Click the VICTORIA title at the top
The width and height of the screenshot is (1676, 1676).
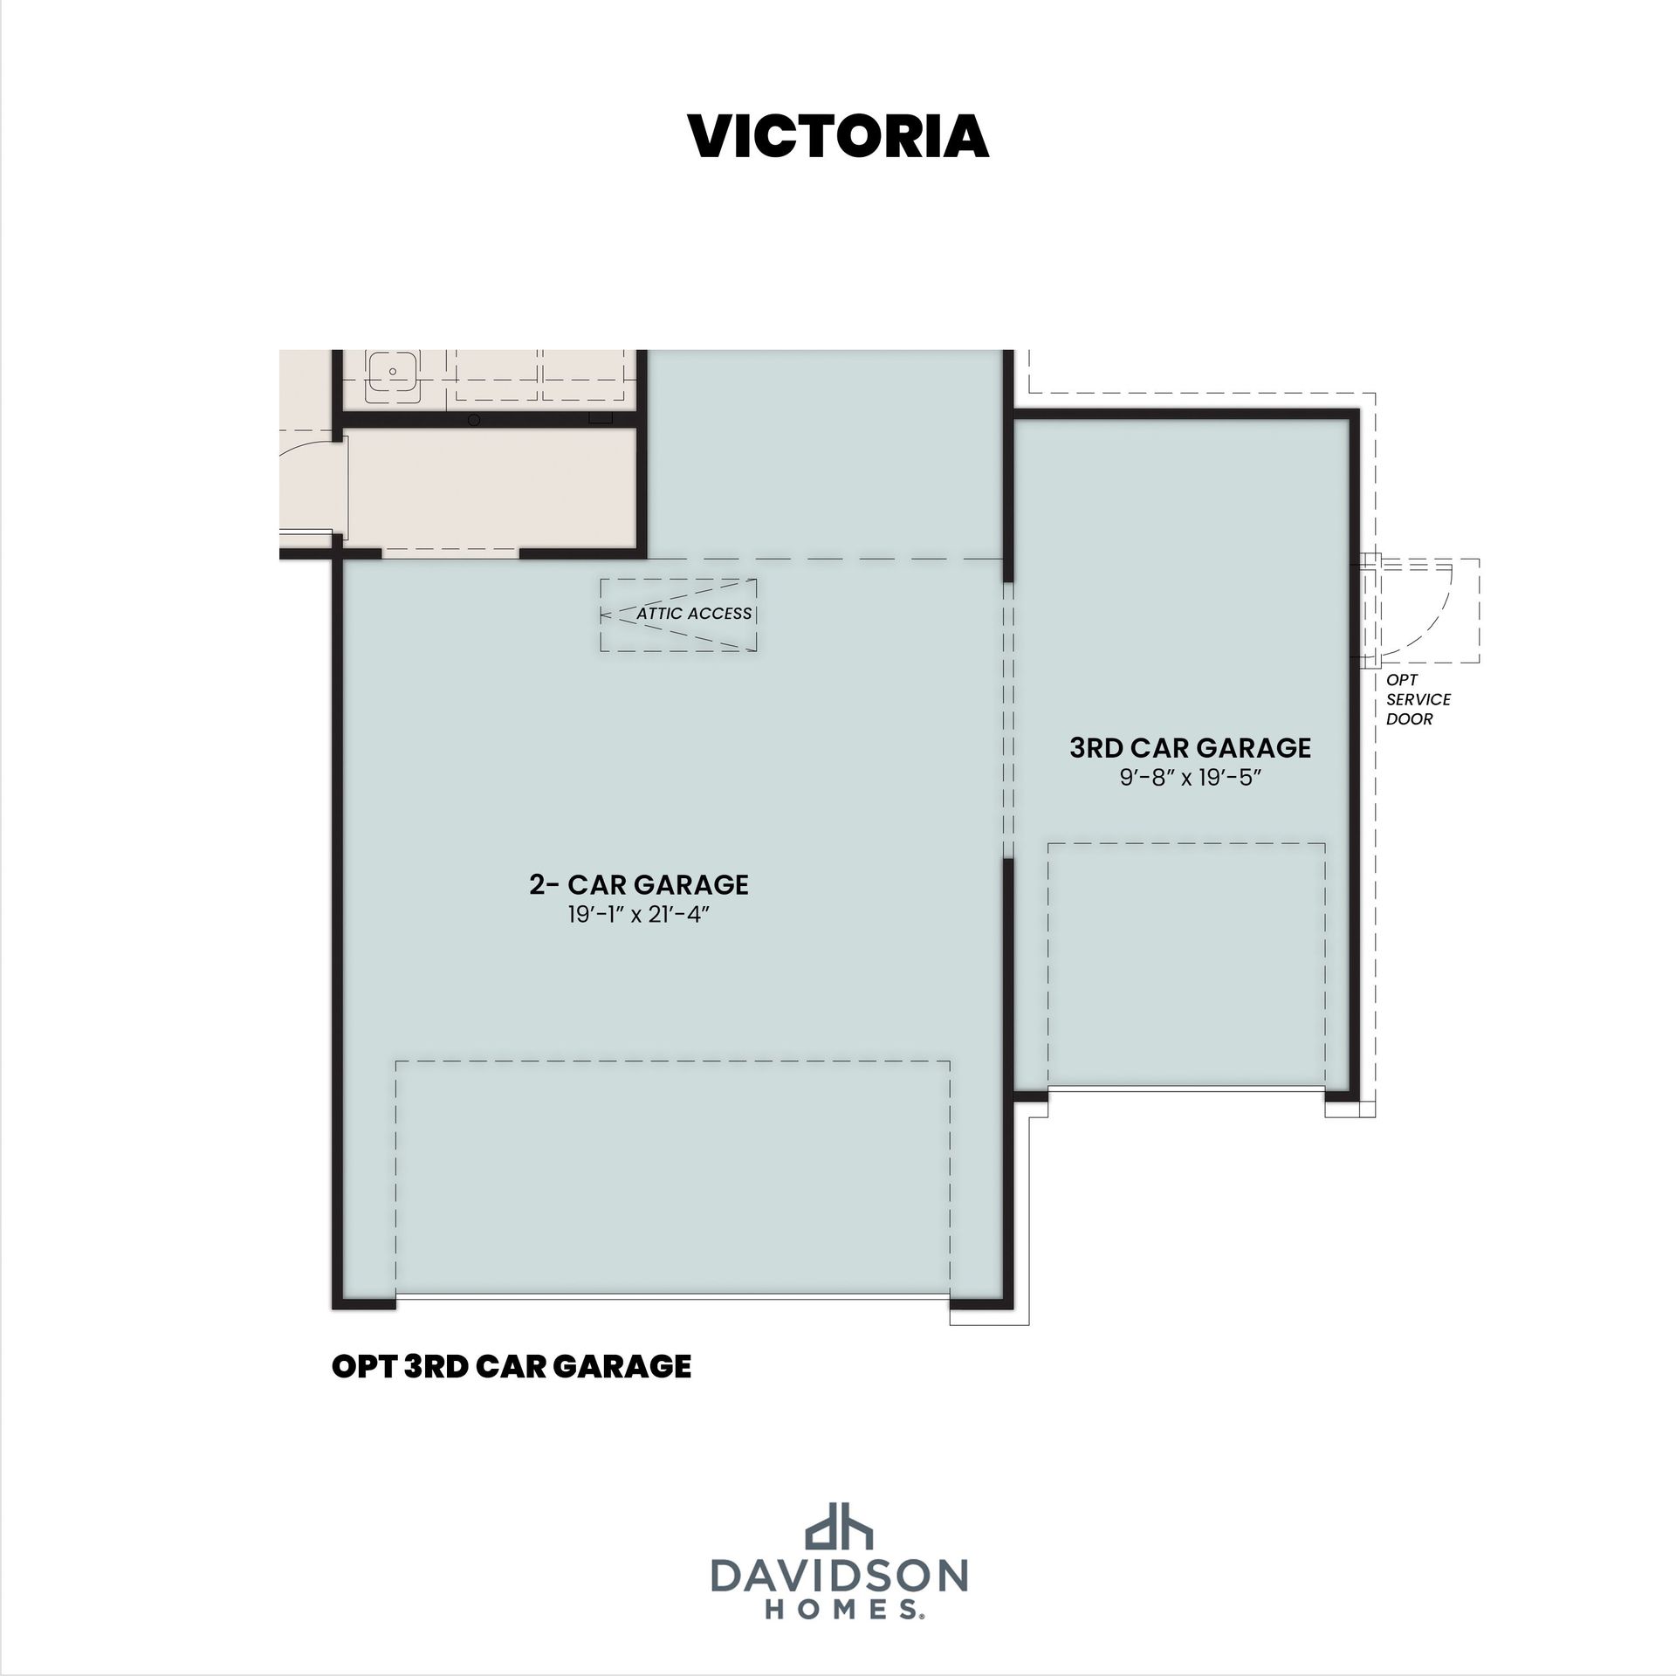click(838, 136)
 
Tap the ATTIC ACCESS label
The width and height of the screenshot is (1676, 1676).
click(694, 614)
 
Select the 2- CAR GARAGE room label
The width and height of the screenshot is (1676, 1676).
click(639, 884)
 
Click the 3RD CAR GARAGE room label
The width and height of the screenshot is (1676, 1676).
click(1191, 748)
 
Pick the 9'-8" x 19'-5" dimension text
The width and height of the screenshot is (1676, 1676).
click(1191, 778)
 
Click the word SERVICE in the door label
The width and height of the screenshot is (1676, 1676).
click(1418, 699)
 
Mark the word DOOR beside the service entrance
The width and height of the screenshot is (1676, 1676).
click(1410, 719)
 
